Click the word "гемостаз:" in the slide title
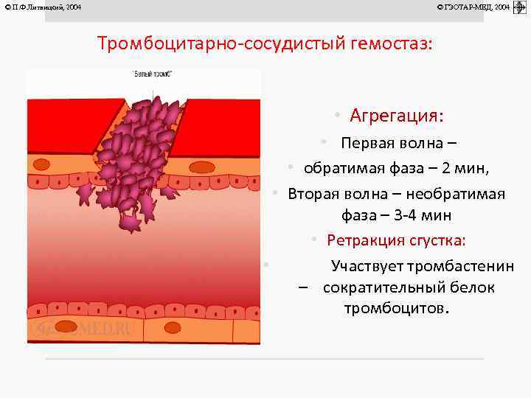pyautogui.click(x=394, y=43)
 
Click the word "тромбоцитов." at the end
pyautogui.click(x=396, y=308)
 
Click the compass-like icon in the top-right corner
pyautogui.click(x=519, y=7)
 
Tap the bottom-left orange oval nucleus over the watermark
pyautogui.click(x=66, y=326)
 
